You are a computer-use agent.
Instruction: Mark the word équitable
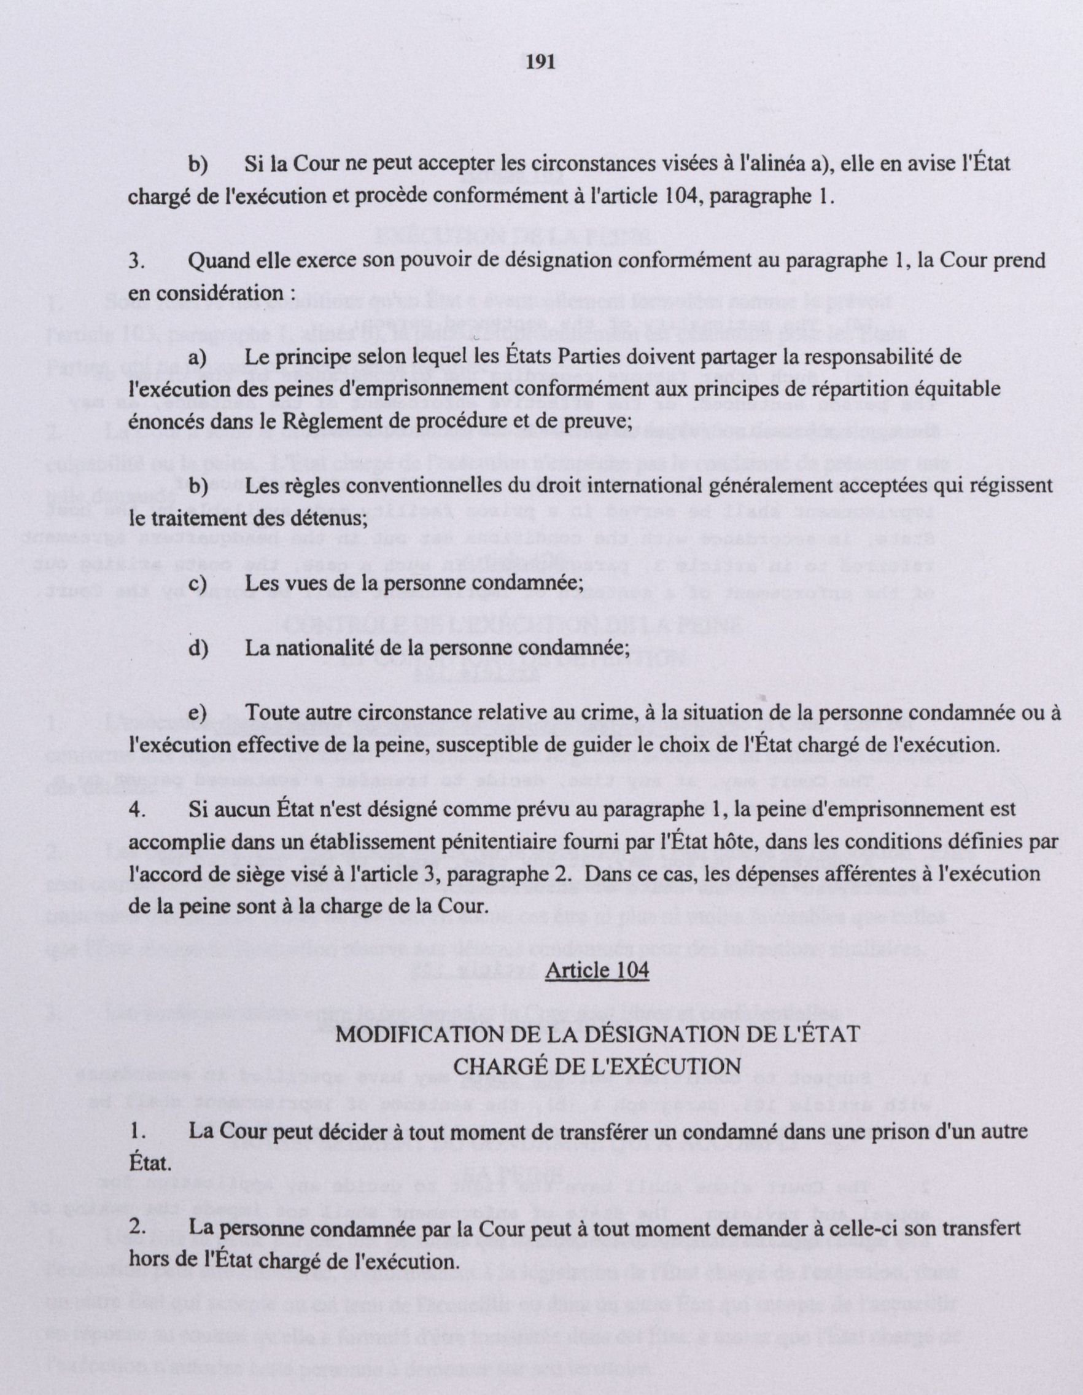956,389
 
